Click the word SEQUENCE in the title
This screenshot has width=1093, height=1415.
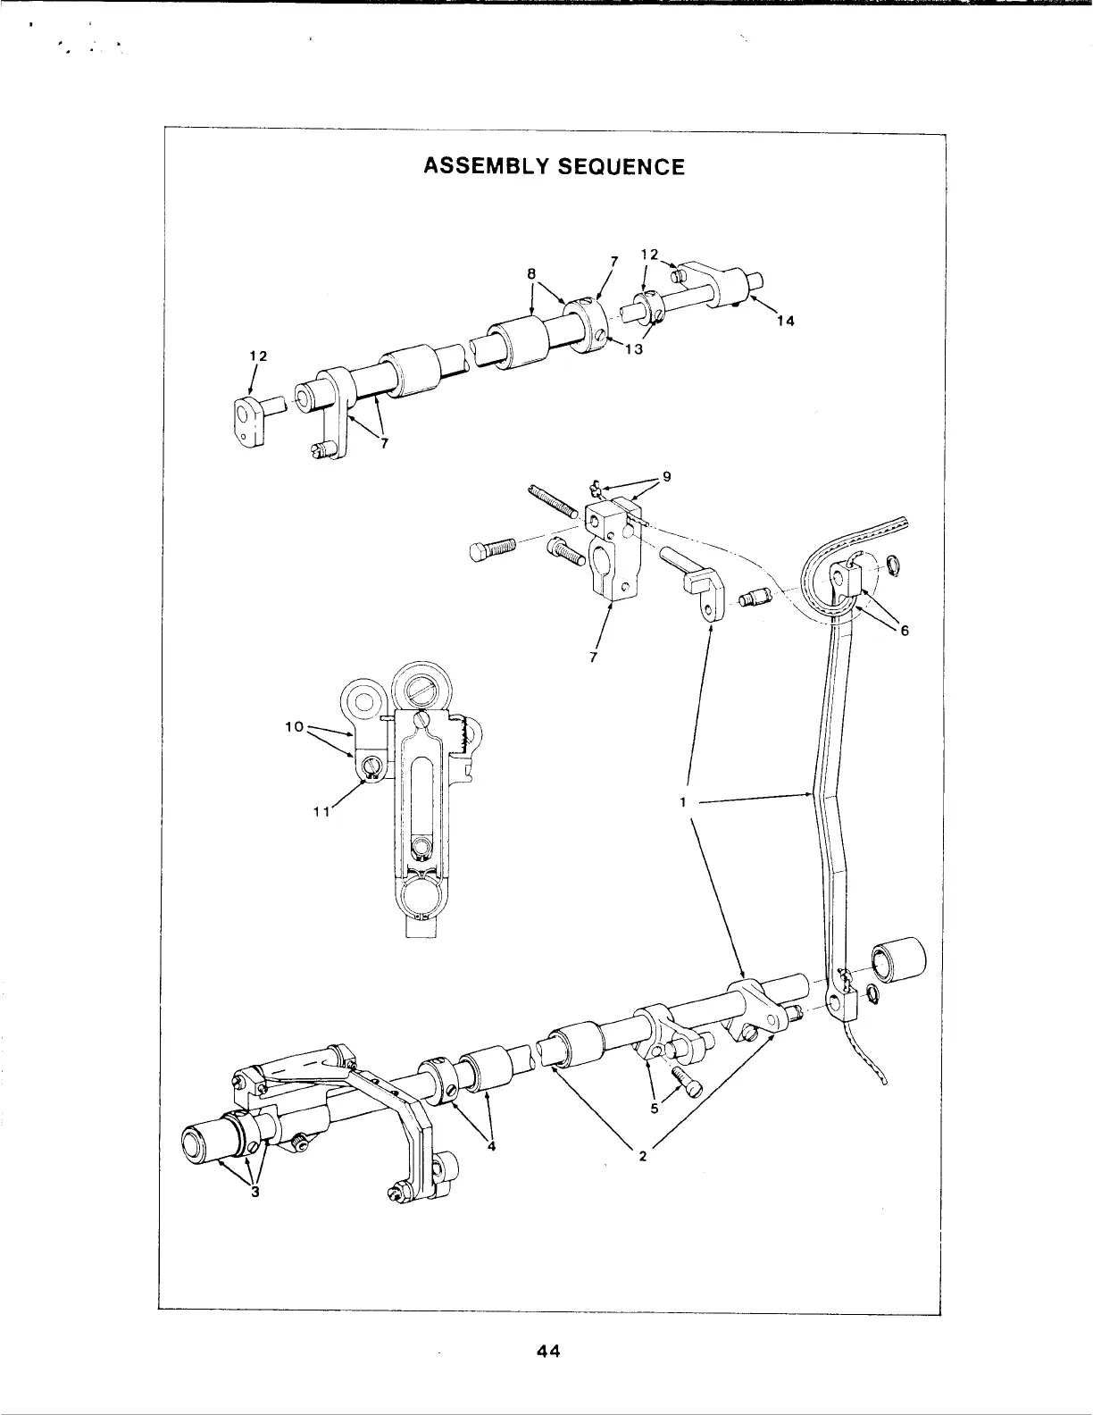coord(622,167)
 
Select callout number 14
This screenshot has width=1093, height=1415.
coord(784,321)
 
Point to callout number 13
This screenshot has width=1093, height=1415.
coord(633,348)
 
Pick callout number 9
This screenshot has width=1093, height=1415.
coord(666,477)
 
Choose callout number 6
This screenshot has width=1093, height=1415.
coord(904,630)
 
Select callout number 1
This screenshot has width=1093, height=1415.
coord(681,802)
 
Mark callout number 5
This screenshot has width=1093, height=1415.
coord(655,1109)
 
